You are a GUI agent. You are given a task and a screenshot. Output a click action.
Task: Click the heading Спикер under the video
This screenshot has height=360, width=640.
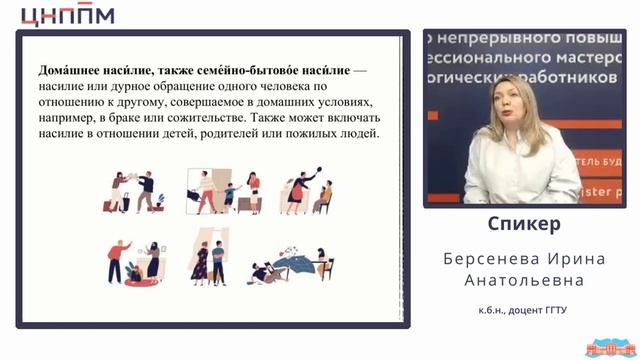pos(524,223)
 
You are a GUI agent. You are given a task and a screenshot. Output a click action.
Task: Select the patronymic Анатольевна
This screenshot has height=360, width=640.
pos(524,281)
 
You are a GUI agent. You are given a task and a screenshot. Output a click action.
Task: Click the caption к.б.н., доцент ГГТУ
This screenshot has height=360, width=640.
pos(523,311)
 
